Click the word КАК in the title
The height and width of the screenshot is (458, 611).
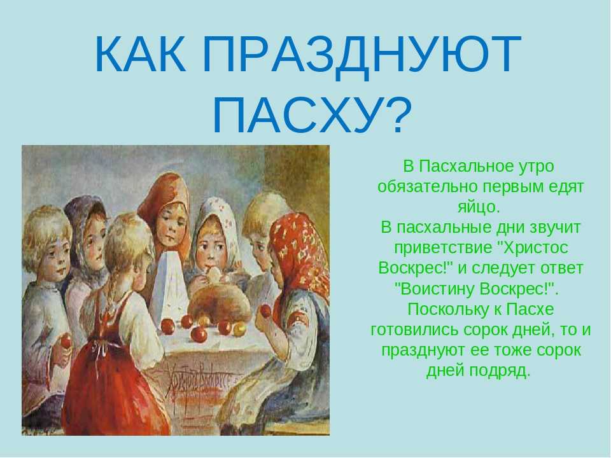(140, 54)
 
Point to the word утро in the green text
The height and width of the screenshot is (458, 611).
(537, 167)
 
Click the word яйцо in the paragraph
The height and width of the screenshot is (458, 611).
(478, 207)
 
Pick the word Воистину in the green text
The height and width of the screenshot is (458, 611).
(437, 289)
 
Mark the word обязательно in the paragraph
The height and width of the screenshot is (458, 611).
(428, 187)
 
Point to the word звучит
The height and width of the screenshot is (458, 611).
(553, 228)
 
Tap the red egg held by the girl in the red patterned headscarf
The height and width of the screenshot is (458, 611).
(265, 310)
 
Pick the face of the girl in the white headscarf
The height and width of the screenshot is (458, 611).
(211, 251)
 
